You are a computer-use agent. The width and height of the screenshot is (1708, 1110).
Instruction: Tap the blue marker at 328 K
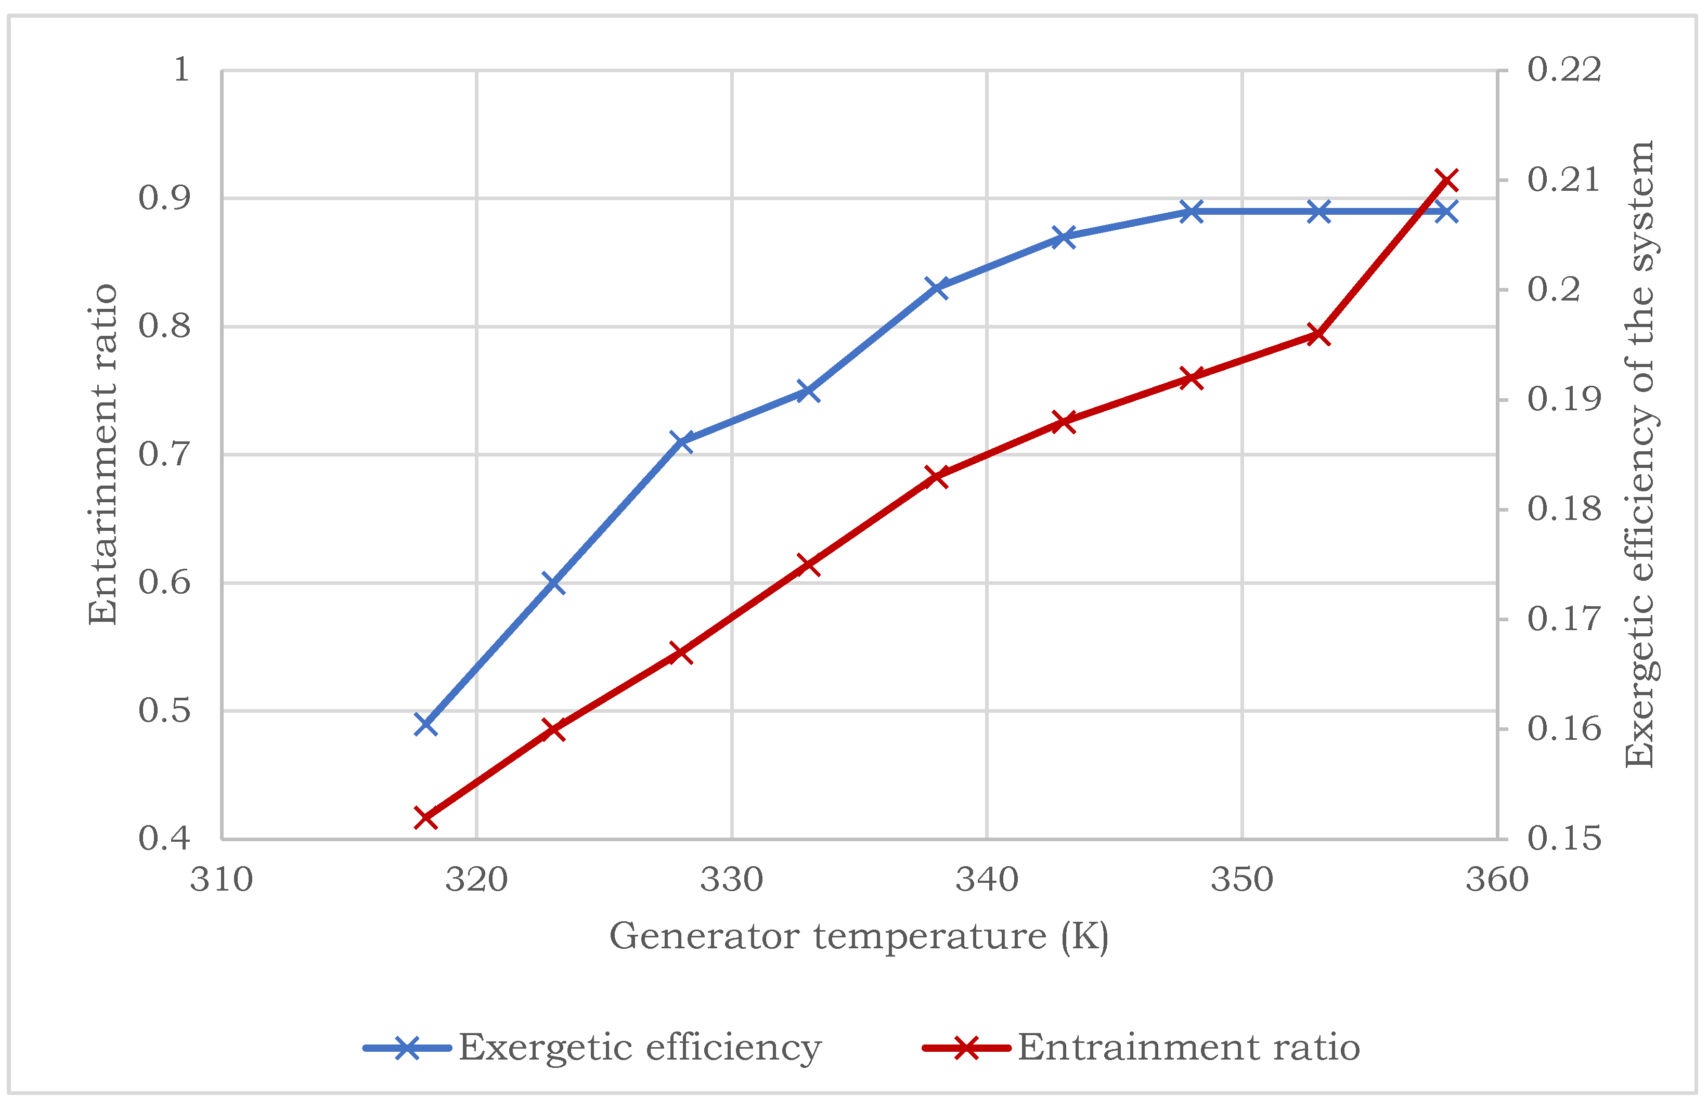point(682,441)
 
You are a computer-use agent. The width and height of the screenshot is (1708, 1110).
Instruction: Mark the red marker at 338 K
point(937,476)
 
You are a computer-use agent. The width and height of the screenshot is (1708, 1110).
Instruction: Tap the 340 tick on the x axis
point(987,880)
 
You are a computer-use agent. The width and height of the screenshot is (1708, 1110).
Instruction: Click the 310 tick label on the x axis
point(221,880)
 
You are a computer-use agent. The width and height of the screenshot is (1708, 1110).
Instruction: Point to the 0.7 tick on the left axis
point(164,454)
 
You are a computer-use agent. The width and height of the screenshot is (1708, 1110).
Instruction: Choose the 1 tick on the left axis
point(182,70)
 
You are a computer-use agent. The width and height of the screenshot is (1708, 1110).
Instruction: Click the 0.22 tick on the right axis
point(1564,70)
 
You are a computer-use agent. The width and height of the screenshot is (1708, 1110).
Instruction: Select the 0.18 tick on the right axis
point(1564,508)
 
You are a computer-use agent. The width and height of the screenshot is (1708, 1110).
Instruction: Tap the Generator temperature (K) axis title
point(859,936)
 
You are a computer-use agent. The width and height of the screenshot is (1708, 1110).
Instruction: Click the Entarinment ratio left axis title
point(102,454)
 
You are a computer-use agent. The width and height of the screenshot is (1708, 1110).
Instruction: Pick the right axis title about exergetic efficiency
point(1639,454)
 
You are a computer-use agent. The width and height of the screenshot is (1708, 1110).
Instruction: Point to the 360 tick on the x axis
point(1497,880)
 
